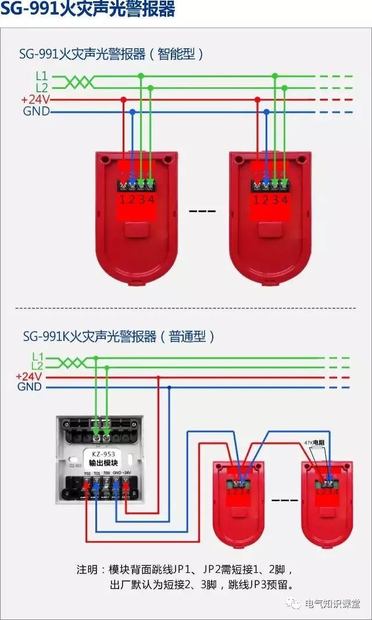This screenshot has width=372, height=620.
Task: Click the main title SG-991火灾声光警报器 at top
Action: pos(87,10)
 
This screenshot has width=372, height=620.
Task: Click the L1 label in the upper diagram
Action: pos(41,76)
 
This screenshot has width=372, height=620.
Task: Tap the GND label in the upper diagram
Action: pos(36,112)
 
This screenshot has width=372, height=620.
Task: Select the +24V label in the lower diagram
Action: pos(28,377)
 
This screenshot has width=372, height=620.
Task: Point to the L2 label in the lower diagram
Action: pos(38,366)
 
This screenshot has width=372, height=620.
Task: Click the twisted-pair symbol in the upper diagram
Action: pos(78,82)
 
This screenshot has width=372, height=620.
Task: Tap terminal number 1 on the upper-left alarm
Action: pos(123,199)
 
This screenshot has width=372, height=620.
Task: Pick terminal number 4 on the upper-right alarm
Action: pos(284,199)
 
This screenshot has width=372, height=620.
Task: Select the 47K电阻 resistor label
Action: pos(315,443)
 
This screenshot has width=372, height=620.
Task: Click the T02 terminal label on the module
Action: pos(87,474)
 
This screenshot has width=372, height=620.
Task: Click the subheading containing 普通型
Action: pos(119,336)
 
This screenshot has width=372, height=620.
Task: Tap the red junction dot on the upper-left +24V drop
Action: pos(123,99)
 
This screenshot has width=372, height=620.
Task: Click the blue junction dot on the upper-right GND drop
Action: pos(266,112)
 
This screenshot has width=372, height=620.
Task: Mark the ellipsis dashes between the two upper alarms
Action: pos(202,210)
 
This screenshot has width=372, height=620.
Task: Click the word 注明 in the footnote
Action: pos(88,569)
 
